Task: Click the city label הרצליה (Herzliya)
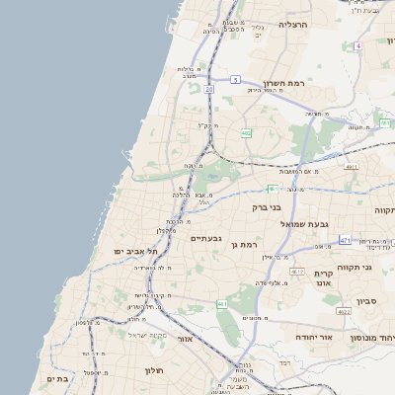(x=293, y=24)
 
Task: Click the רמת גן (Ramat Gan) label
(x=241, y=243)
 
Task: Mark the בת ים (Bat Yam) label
(x=56, y=378)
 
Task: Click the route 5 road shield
(x=235, y=78)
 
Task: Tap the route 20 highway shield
(x=209, y=89)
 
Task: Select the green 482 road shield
(x=246, y=132)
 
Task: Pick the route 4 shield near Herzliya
(x=358, y=45)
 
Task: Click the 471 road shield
(x=345, y=240)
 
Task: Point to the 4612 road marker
(x=296, y=270)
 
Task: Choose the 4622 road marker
(x=343, y=311)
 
